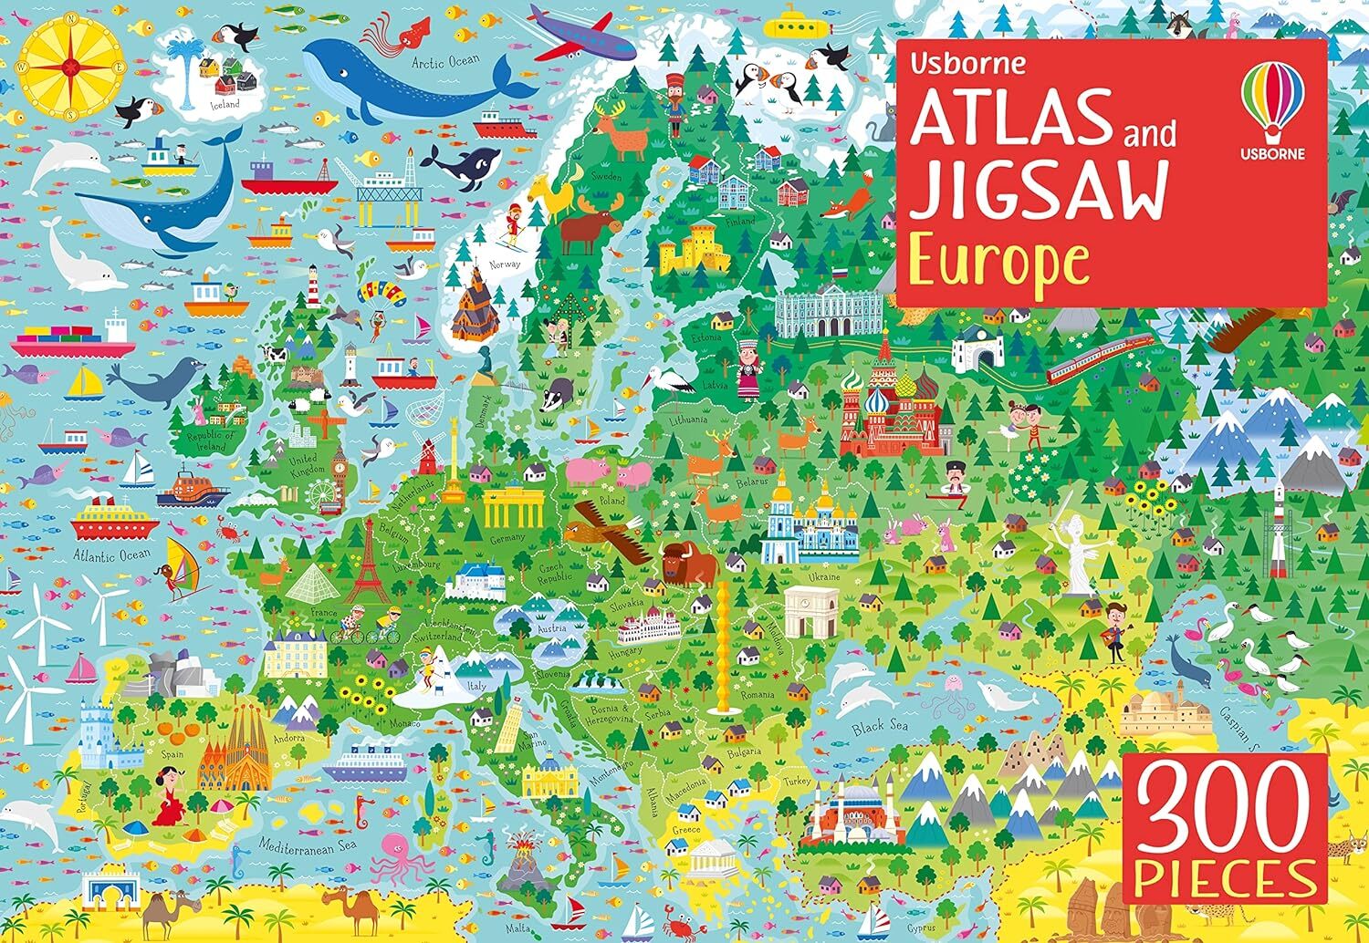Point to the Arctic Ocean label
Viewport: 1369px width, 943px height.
point(444,62)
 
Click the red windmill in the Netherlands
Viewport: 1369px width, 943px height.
point(426,451)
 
